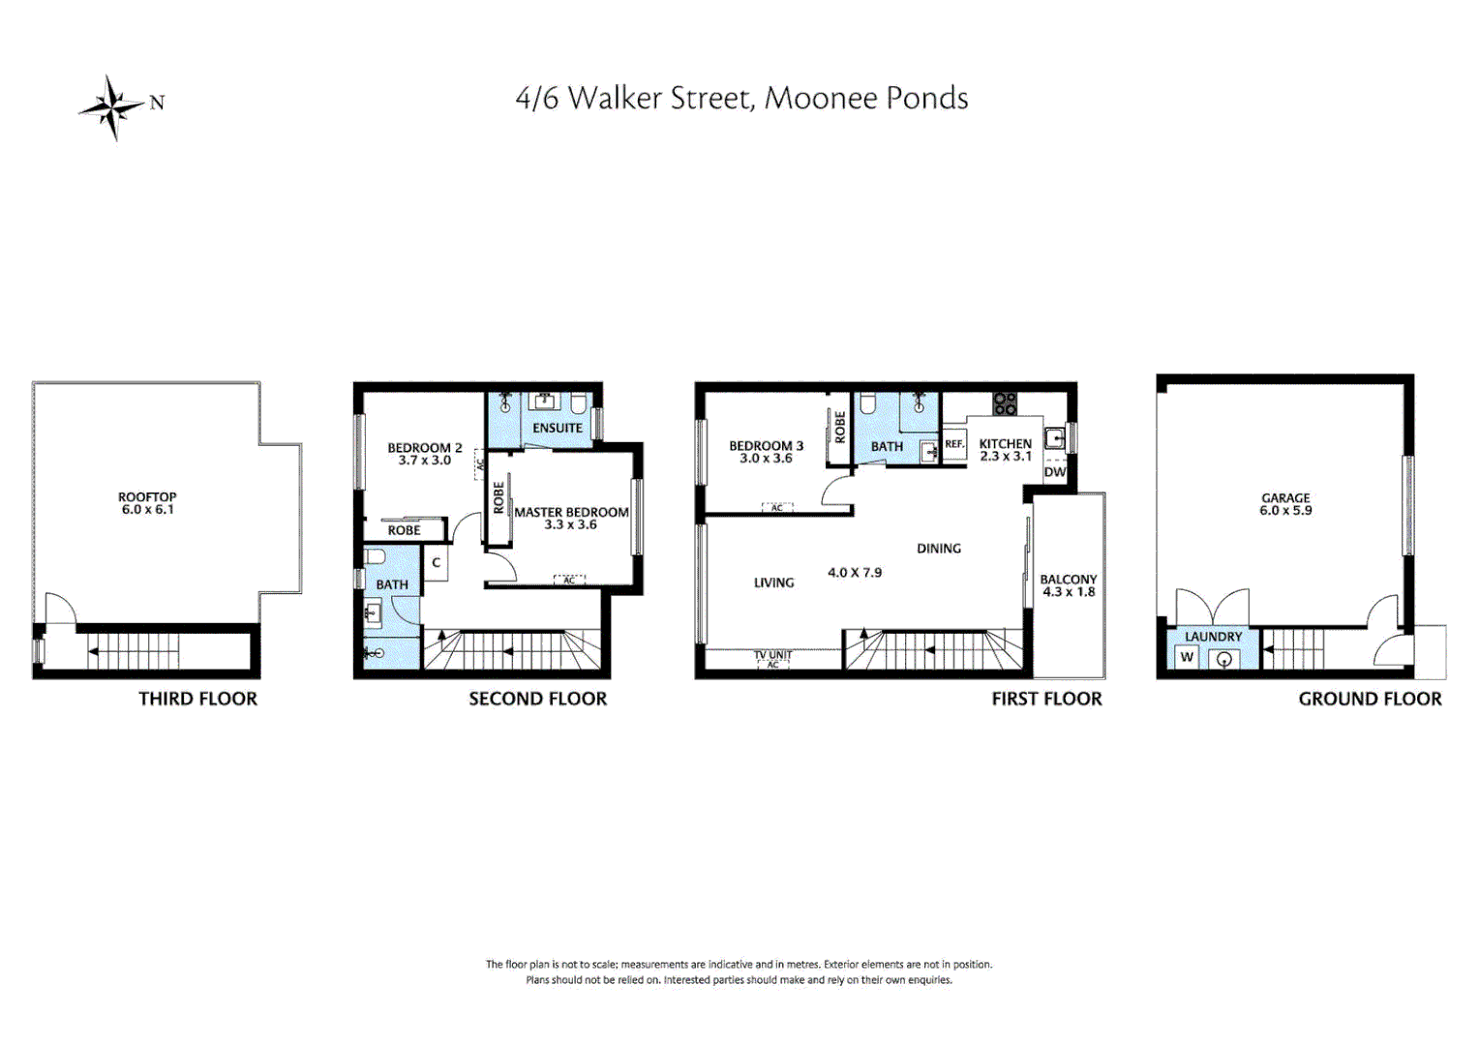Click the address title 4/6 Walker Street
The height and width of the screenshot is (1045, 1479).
click(x=740, y=99)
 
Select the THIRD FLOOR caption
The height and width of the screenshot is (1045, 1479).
click(x=197, y=699)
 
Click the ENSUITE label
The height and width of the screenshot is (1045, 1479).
click(x=558, y=428)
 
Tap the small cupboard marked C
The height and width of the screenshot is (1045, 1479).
click(x=437, y=562)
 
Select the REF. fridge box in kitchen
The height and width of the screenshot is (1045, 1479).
click(x=954, y=444)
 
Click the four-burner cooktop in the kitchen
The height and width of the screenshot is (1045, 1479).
click(x=1005, y=403)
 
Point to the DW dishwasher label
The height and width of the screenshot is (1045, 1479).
click(x=1055, y=472)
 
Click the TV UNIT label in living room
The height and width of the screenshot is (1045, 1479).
click(x=772, y=655)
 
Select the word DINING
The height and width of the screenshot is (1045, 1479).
click(x=939, y=549)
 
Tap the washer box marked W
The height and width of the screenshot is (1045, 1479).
click(x=1187, y=657)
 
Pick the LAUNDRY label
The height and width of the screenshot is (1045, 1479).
click(x=1213, y=637)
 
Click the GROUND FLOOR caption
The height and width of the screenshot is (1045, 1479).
click(x=1370, y=699)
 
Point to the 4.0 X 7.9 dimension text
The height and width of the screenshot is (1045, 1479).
click(x=855, y=573)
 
